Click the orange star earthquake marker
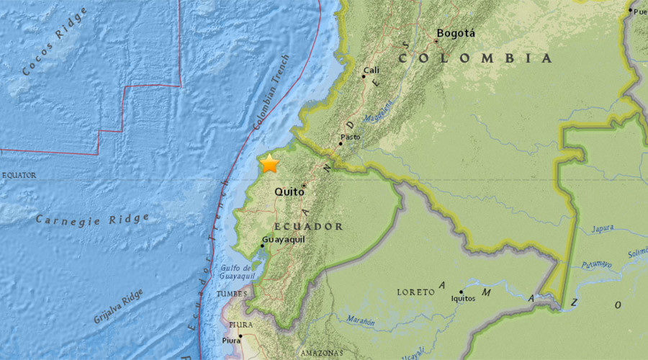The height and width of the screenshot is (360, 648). click(x=269, y=163)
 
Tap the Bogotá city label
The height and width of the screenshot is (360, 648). click(x=456, y=33)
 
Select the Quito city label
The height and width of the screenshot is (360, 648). click(x=289, y=192)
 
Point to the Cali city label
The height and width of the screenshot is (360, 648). click(x=371, y=70)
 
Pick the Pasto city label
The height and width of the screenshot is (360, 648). click(x=350, y=137)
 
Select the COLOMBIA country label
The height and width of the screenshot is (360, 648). click(x=477, y=58)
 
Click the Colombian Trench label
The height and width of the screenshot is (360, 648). click(x=271, y=92)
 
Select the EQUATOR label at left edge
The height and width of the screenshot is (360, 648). click(x=19, y=175)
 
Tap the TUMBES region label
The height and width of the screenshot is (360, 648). click(x=231, y=294)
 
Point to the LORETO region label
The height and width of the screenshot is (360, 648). click(x=415, y=292)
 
